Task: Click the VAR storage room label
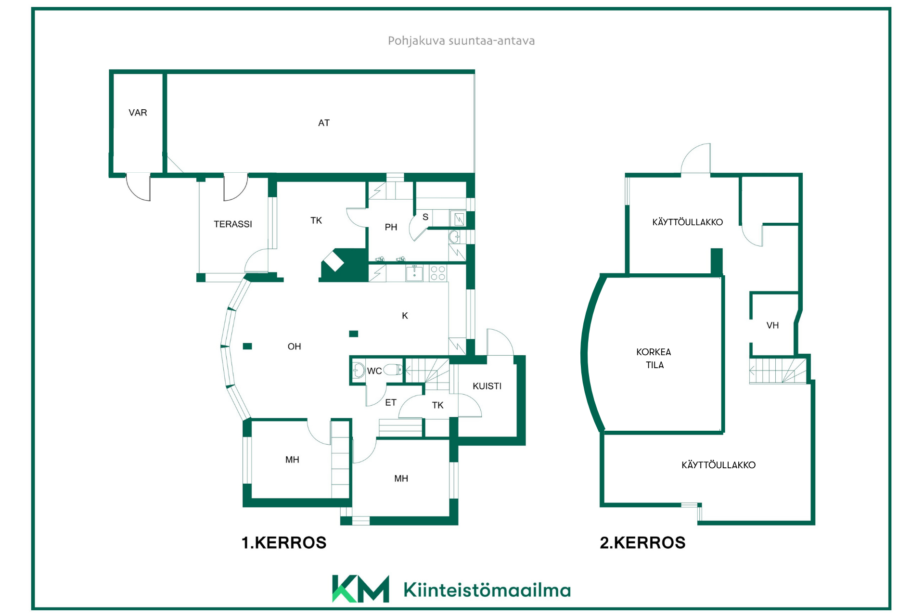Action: click(138, 113)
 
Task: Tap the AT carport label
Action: click(324, 123)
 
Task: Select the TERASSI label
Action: click(233, 224)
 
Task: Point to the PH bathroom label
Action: click(391, 227)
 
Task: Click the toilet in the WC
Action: click(393, 370)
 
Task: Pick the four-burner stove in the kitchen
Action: click(438, 273)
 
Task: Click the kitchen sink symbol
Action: click(414, 273)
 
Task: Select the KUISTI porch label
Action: click(487, 386)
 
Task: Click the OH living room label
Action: click(294, 346)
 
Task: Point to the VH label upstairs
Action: click(772, 325)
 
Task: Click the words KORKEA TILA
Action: click(654, 359)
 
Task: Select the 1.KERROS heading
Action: click(284, 543)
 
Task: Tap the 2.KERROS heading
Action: click(642, 543)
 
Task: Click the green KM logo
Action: click(360, 589)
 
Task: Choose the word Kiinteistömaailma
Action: click(487, 590)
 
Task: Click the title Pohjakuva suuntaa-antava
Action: click(462, 41)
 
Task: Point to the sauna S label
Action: click(425, 217)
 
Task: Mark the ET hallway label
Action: click(391, 402)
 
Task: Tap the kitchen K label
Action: click(405, 316)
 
